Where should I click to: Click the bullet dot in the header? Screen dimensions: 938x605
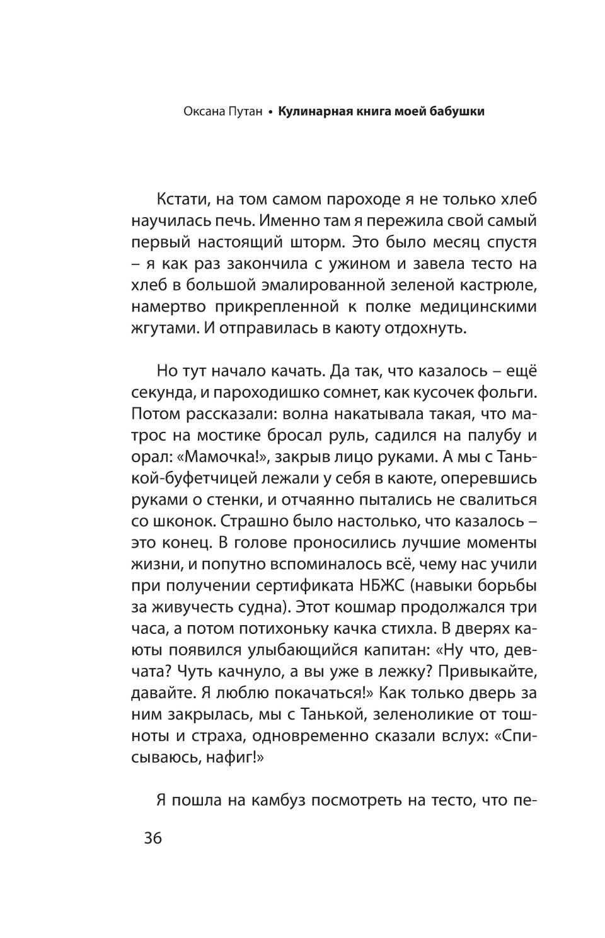click(x=270, y=113)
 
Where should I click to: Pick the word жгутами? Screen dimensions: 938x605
click(x=159, y=328)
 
